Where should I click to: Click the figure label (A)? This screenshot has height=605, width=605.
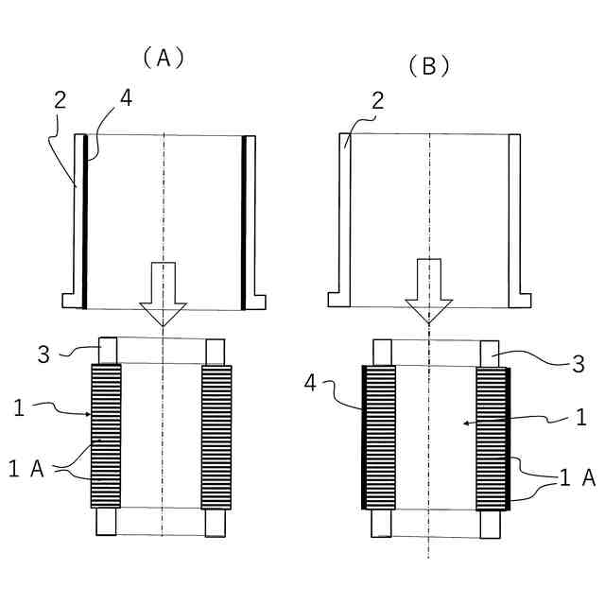[x=163, y=57]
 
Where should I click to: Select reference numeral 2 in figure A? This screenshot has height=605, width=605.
[x=60, y=99]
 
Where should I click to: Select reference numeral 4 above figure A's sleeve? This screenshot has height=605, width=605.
[x=127, y=97]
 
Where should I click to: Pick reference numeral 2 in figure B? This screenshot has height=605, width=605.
[x=376, y=102]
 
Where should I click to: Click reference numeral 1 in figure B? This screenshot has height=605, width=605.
[x=581, y=416]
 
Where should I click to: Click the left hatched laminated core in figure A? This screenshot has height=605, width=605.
[x=107, y=436]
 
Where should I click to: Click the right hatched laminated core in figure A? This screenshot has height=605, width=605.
[x=216, y=436]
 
